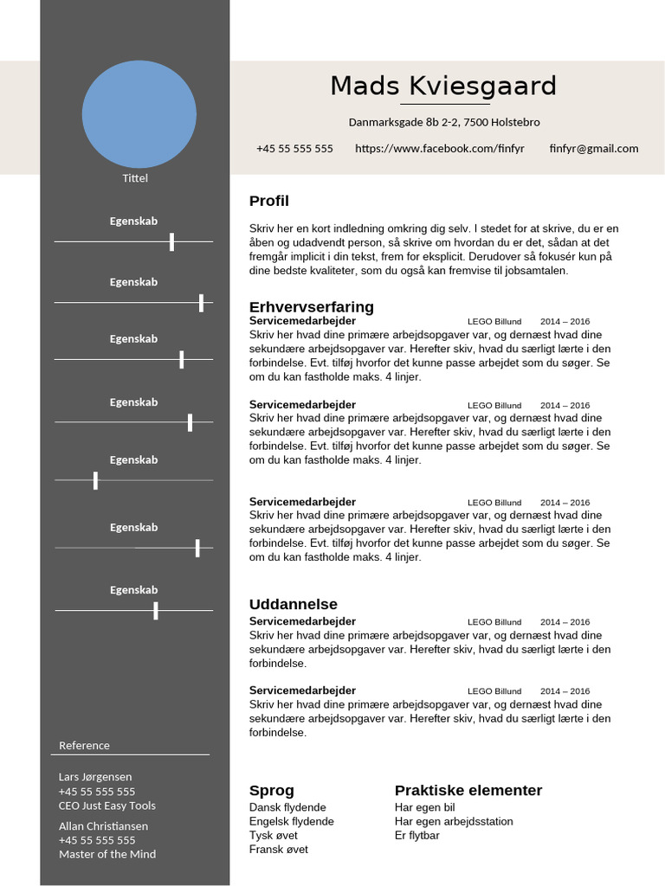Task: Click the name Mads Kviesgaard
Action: tap(443, 87)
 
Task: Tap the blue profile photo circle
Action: tap(139, 114)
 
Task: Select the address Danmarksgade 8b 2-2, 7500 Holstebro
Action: tap(443, 123)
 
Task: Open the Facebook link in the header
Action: tap(439, 149)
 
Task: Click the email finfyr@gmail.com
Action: tap(593, 149)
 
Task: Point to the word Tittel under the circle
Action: tap(135, 178)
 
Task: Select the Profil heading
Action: tap(268, 202)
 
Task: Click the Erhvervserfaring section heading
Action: tap(311, 307)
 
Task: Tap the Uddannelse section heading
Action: tap(293, 605)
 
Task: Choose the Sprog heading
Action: tap(271, 791)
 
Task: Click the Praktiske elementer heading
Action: tap(468, 791)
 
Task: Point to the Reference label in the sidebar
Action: tap(84, 746)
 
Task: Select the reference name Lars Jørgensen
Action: tap(95, 777)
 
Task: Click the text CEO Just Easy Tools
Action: tap(107, 806)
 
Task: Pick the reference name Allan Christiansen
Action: tap(103, 826)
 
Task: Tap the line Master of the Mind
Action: tap(107, 855)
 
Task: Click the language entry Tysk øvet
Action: tap(273, 836)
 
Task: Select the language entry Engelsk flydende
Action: tap(291, 822)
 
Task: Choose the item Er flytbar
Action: tap(416, 836)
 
